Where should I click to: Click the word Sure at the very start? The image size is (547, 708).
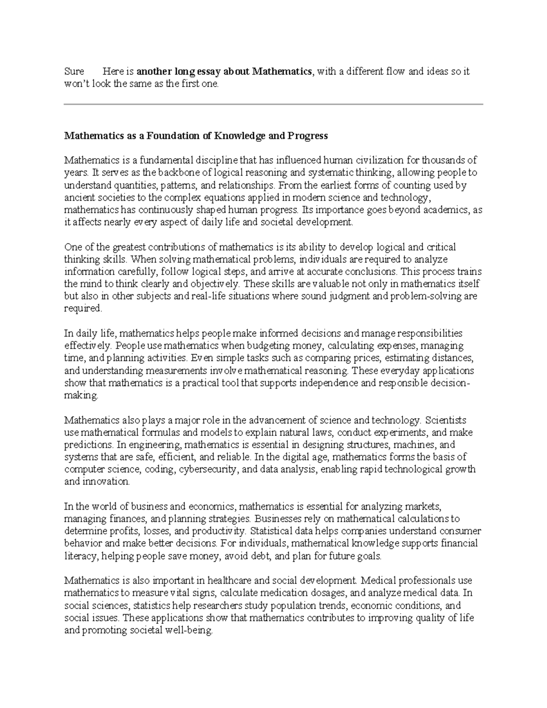[x=74, y=72]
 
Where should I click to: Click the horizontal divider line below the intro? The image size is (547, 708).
[x=273, y=104]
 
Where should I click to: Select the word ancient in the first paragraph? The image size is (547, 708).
[x=78, y=197]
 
